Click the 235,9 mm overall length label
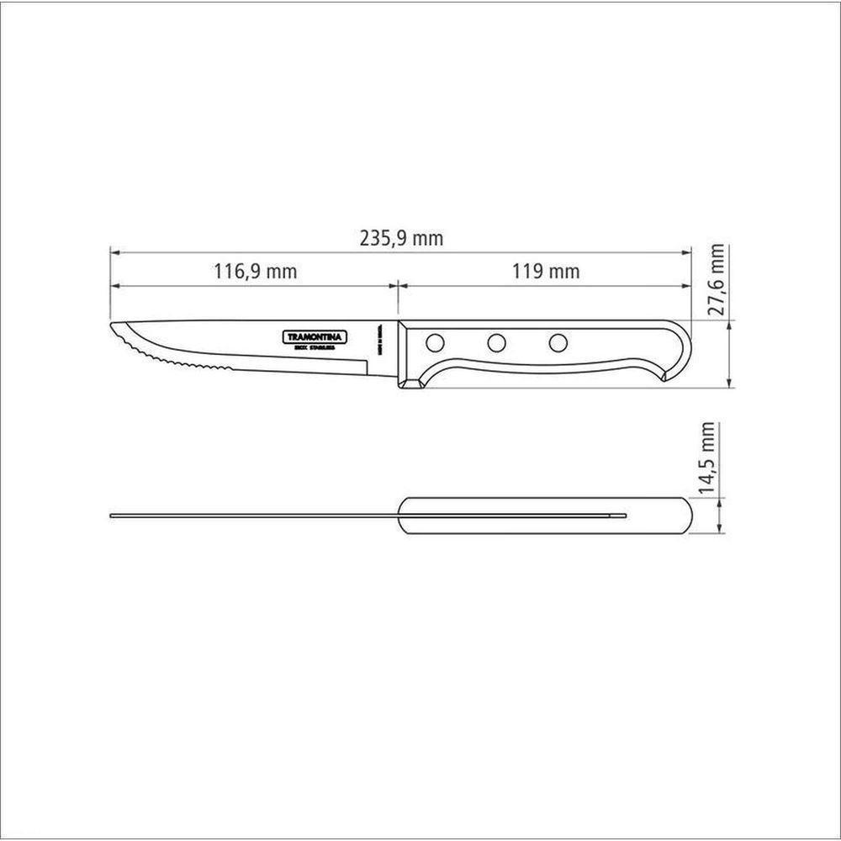pyautogui.click(x=401, y=239)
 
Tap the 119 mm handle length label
pyautogui.click(x=545, y=272)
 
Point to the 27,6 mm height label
pyautogui.click(x=717, y=280)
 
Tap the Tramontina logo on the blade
pyautogui.click(x=311, y=336)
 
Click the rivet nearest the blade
pyautogui.click(x=436, y=342)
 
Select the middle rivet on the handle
pyautogui.click(x=496, y=342)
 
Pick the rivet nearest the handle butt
pyautogui.click(x=558, y=342)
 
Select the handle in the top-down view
pyautogui.click(x=547, y=515)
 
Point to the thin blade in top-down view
pyautogui.click(x=252, y=515)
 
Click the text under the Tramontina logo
pyautogui.click(x=311, y=346)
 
